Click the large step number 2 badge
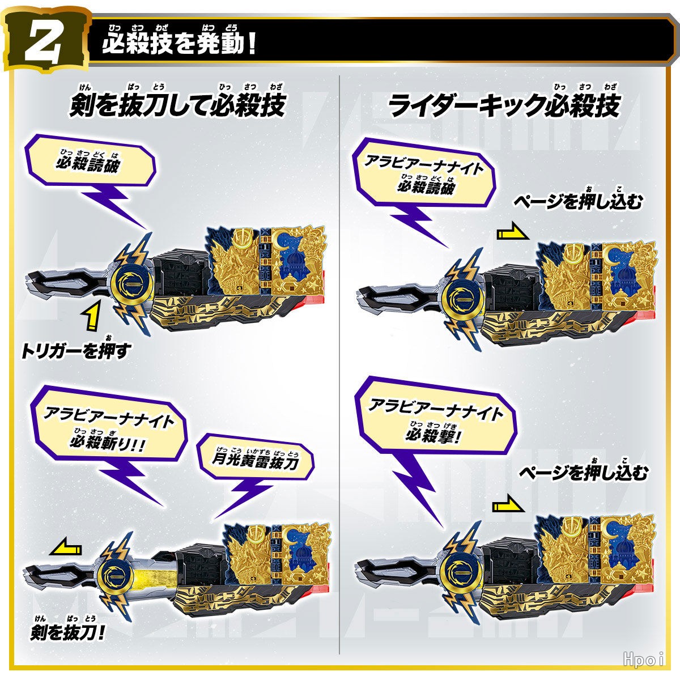pos(46,41)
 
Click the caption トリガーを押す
pos(76,351)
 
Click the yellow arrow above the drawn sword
pos(66,549)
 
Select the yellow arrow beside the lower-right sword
pos(508,505)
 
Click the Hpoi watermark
pos(644,659)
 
